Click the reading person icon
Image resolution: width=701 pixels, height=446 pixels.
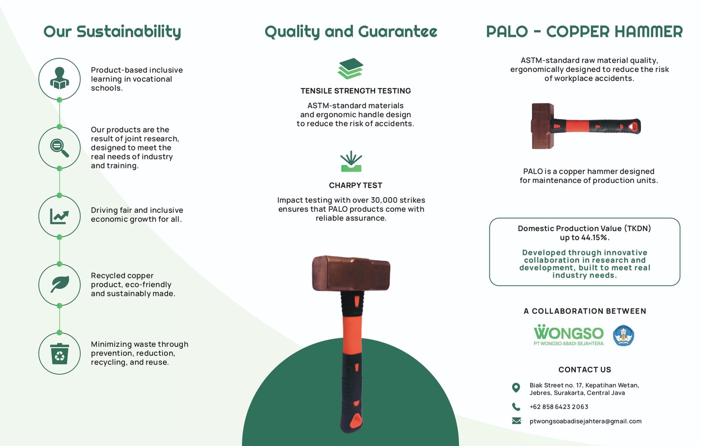pyautogui.click(x=60, y=78)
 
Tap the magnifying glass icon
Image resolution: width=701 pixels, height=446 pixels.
pyautogui.click(x=60, y=147)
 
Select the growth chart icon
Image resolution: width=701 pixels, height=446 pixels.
pyautogui.click(x=60, y=216)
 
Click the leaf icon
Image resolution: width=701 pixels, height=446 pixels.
pyautogui.click(x=60, y=284)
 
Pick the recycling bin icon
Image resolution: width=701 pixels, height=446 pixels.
pyautogui.click(x=60, y=354)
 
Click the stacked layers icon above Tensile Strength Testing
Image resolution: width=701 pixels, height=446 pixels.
pyautogui.click(x=350, y=68)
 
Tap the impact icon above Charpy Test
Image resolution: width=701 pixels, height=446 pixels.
pyautogui.click(x=351, y=161)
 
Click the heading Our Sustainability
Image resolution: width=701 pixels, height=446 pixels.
pyautogui.click(x=112, y=32)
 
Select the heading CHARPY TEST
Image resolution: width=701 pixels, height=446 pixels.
pyautogui.click(x=355, y=185)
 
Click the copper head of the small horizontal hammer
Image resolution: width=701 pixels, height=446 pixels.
pyautogui.click(x=543, y=126)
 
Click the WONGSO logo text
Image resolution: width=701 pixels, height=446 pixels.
pyautogui.click(x=569, y=333)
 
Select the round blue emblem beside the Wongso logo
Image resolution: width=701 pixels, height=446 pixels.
pyautogui.click(x=623, y=335)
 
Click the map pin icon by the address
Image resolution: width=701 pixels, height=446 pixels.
pyautogui.click(x=516, y=388)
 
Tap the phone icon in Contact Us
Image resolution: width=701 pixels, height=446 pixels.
pyautogui.click(x=516, y=407)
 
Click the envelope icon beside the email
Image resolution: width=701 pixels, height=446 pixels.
pyautogui.click(x=517, y=421)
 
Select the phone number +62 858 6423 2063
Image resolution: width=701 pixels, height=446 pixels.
pyautogui.click(x=559, y=407)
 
